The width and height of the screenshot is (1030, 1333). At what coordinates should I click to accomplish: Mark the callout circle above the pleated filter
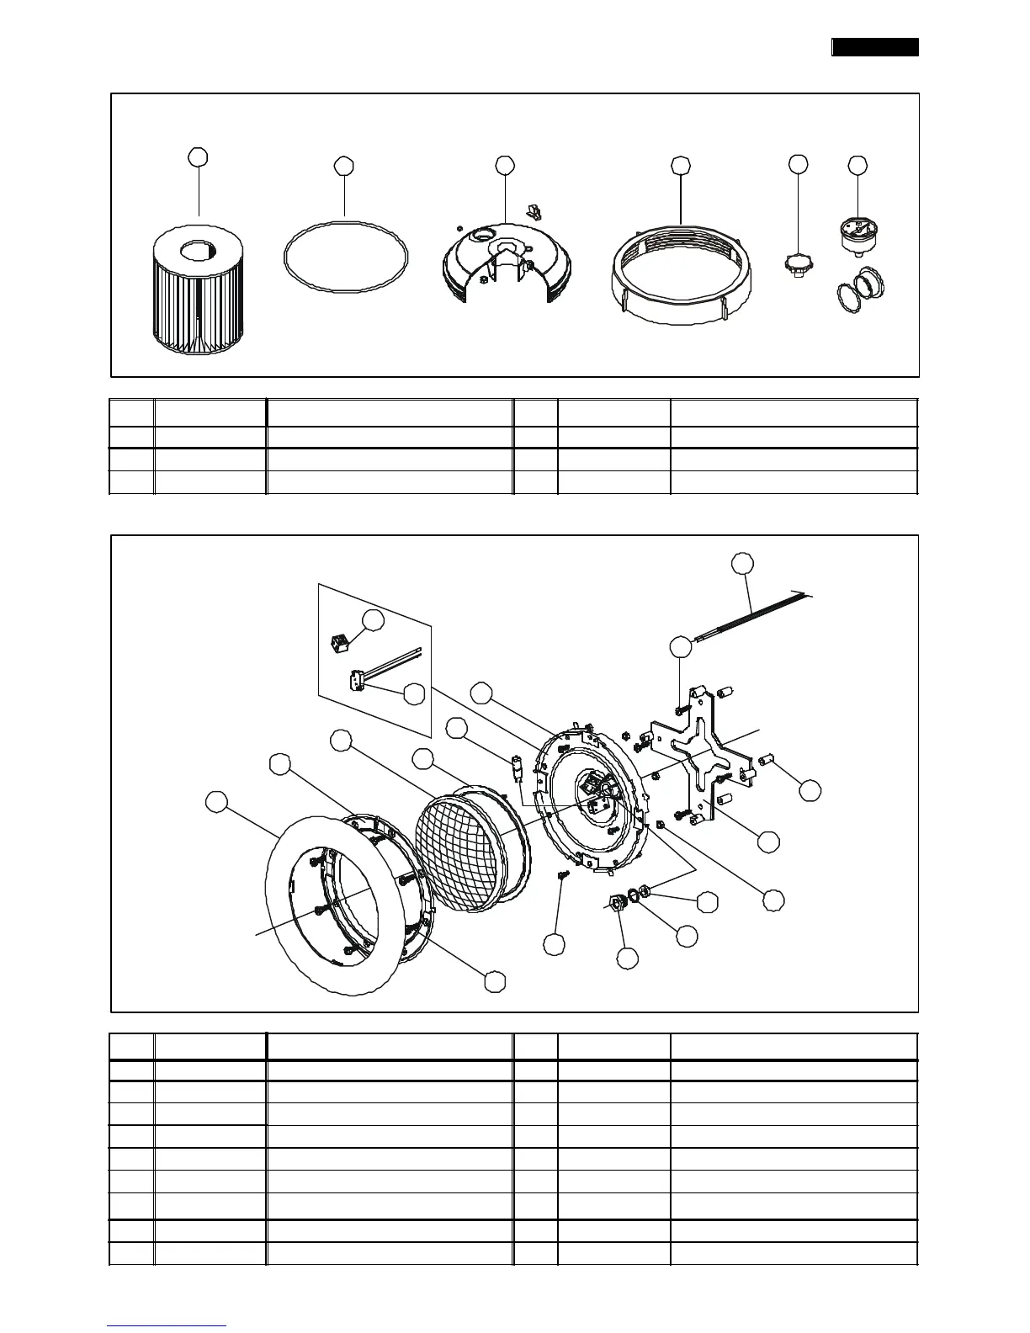(199, 157)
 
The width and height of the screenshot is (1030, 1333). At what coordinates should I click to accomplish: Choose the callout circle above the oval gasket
(343, 166)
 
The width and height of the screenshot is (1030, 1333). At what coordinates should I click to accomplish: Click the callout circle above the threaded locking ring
(681, 166)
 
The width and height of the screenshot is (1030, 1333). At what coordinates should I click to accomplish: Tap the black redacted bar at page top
(875, 47)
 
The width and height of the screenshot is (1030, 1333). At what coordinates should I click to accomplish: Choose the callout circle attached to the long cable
(741, 563)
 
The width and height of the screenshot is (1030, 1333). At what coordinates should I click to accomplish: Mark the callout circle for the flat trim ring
(217, 803)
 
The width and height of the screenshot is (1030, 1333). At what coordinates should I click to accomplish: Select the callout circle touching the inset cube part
(373, 620)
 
